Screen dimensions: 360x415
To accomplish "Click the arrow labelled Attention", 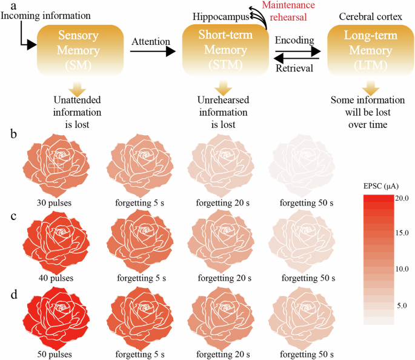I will pyautogui.click(x=151, y=53).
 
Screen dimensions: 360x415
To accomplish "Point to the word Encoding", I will pyautogui.click(x=294, y=40).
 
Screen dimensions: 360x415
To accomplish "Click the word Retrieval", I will pyautogui.click(x=294, y=68).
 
